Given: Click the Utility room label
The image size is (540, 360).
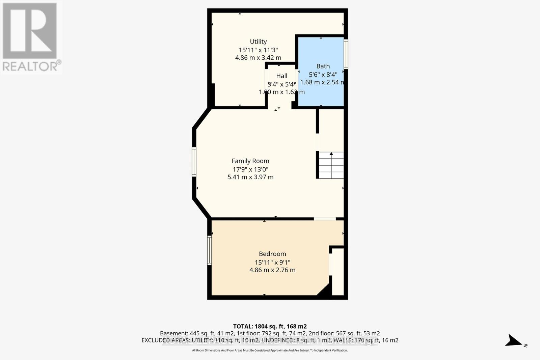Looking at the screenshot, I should coord(258,41).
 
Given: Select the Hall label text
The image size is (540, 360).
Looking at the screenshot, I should coord(281,76).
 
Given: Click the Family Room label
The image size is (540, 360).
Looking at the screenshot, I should coord(250,161).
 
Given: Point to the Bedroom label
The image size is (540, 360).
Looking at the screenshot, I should coord(272,254).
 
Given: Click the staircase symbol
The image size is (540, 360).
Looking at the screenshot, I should coord(331,165).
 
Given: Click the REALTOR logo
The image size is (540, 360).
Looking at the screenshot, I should coord(31,37).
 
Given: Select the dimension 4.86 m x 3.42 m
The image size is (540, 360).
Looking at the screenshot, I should coord(258,58).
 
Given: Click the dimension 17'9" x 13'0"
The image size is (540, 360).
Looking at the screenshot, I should coord(250,169).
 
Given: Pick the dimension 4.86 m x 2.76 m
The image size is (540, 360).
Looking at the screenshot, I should coord(272,270).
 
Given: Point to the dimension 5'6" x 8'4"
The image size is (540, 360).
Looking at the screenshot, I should coord(323,75).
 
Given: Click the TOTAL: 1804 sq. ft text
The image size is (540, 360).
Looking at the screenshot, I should coord(270,326).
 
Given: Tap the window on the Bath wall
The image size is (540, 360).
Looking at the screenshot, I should coord(346,54).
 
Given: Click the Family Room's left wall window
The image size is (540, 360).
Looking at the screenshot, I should coord(194,162).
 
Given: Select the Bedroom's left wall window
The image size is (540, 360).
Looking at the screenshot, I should coord(209,250).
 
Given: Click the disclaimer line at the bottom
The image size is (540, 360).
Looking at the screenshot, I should coord(270,351).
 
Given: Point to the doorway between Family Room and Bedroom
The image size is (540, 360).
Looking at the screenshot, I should coord(324,219).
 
